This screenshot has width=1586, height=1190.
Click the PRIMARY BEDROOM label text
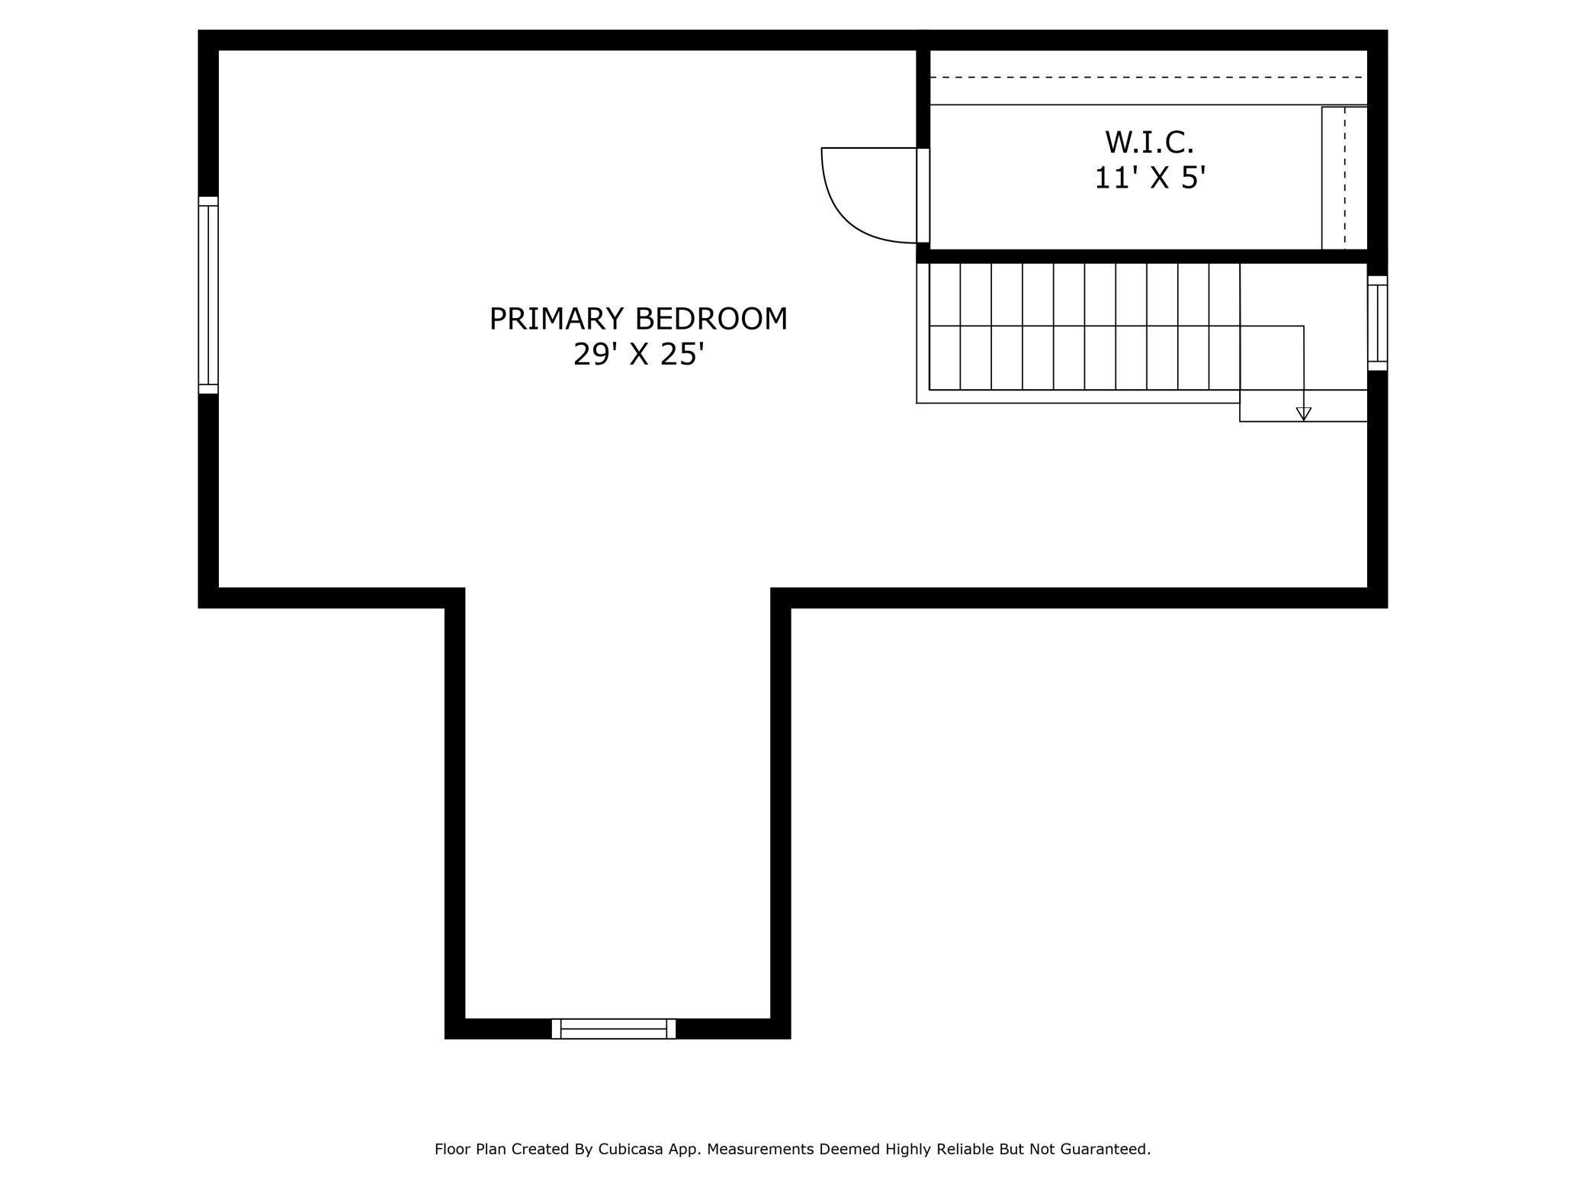pyautogui.click(x=638, y=319)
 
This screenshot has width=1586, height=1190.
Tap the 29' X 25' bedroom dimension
pyautogui.click(x=638, y=355)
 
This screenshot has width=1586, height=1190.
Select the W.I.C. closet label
pyautogui.click(x=1149, y=143)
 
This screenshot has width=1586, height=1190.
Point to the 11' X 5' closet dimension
pyautogui.click(x=1150, y=178)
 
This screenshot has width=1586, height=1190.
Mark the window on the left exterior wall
pyautogui.click(x=208, y=295)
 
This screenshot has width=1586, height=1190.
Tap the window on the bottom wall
pyautogui.click(x=614, y=1028)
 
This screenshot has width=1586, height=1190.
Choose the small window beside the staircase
pyautogui.click(x=1377, y=323)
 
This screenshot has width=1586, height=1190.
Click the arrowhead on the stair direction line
pyautogui.click(x=1304, y=414)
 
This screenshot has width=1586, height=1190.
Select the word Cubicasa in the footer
pyautogui.click(x=629, y=1149)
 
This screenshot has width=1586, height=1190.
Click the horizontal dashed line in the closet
pyautogui.click(x=1148, y=77)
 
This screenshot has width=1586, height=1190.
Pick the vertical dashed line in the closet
pyautogui.click(x=1345, y=178)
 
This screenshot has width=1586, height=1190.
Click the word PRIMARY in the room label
pyautogui.click(x=557, y=319)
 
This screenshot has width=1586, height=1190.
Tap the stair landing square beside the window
pyautogui.click(x=1303, y=326)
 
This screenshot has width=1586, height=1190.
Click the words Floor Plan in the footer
pyautogui.click(x=470, y=1149)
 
